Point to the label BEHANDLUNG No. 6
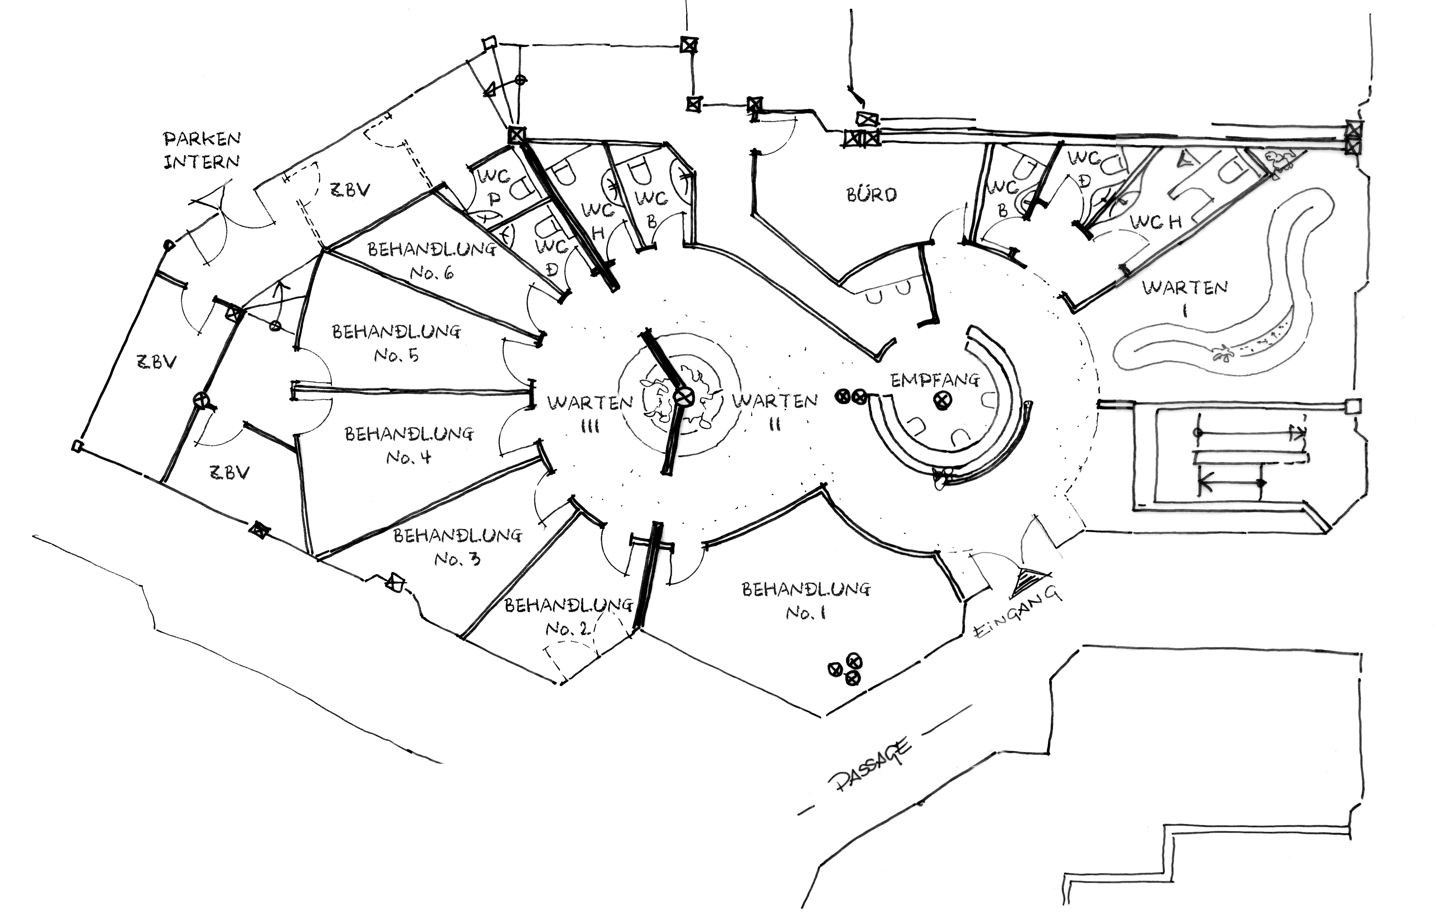432,260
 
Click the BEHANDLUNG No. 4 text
409,445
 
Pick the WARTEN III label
590,414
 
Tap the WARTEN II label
775,411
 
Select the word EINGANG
1018,612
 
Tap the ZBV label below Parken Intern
350,190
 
